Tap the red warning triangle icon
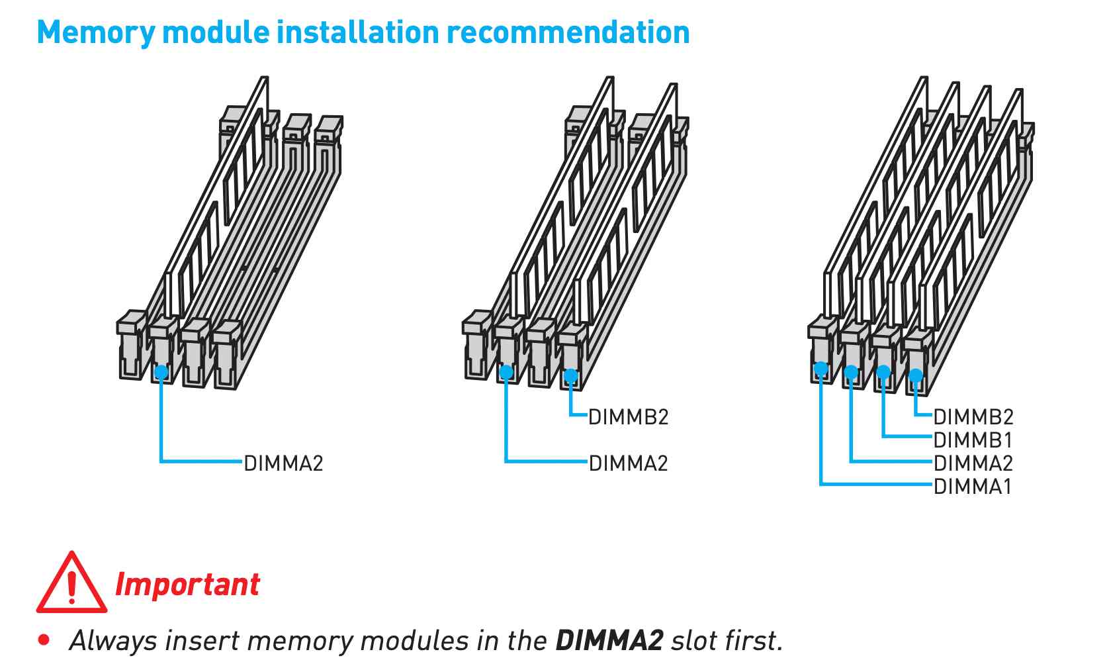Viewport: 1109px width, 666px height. (x=71, y=583)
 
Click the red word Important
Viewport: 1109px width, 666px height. (x=187, y=585)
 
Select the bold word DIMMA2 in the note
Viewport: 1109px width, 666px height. (x=609, y=640)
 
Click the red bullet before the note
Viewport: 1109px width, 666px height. (x=44, y=640)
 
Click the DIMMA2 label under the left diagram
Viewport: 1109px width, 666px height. (x=283, y=463)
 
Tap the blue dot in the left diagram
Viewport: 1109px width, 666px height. (x=161, y=372)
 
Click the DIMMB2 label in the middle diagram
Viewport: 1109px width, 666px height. (x=629, y=417)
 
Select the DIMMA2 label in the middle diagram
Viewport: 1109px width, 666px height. (x=629, y=463)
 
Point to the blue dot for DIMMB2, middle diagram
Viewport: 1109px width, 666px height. (x=571, y=377)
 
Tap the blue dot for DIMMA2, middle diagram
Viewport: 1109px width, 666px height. (x=506, y=372)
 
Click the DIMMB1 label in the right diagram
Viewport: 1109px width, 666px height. (x=973, y=440)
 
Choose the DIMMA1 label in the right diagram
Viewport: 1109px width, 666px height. (x=973, y=487)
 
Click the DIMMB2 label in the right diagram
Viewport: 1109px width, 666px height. (x=973, y=417)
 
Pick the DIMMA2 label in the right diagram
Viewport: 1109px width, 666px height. (x=973, y=463)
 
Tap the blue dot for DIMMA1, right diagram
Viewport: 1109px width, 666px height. (x=821, y=368)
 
